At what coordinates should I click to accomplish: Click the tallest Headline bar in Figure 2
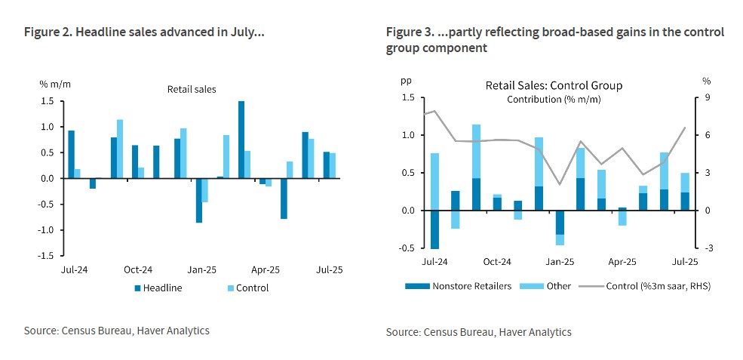(241, 140)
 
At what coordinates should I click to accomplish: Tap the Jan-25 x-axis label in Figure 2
(202, 269)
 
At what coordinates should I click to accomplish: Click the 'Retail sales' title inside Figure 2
(192, 89)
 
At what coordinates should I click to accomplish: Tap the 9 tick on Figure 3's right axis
(706, 97)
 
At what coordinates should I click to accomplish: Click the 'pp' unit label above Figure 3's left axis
(406, 80)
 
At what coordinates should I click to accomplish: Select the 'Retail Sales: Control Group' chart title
(554, 86)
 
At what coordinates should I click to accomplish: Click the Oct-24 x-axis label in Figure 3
(497, 262)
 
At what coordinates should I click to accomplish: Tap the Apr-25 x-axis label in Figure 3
(622, 262)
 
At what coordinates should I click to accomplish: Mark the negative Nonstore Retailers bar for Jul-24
(434, 229)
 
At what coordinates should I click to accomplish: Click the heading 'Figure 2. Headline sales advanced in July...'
(144, 32)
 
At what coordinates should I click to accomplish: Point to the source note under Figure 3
(479, 332)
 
